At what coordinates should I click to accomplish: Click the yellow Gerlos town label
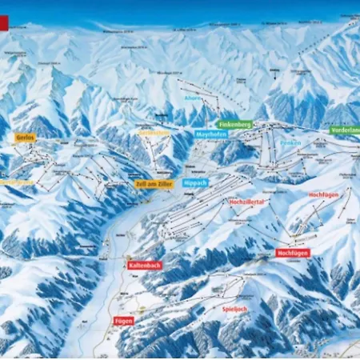[x=25, y=138]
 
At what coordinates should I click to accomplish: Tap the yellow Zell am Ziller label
[x=152, y=183]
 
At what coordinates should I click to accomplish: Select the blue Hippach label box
[x=195, y=182]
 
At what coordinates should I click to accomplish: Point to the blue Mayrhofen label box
[x=210, y=134]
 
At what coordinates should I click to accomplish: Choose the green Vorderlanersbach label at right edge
[x=344, y=130]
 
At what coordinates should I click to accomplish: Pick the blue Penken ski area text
[x=290, y=142]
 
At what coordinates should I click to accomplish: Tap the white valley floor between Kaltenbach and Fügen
[x=120, y=292]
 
